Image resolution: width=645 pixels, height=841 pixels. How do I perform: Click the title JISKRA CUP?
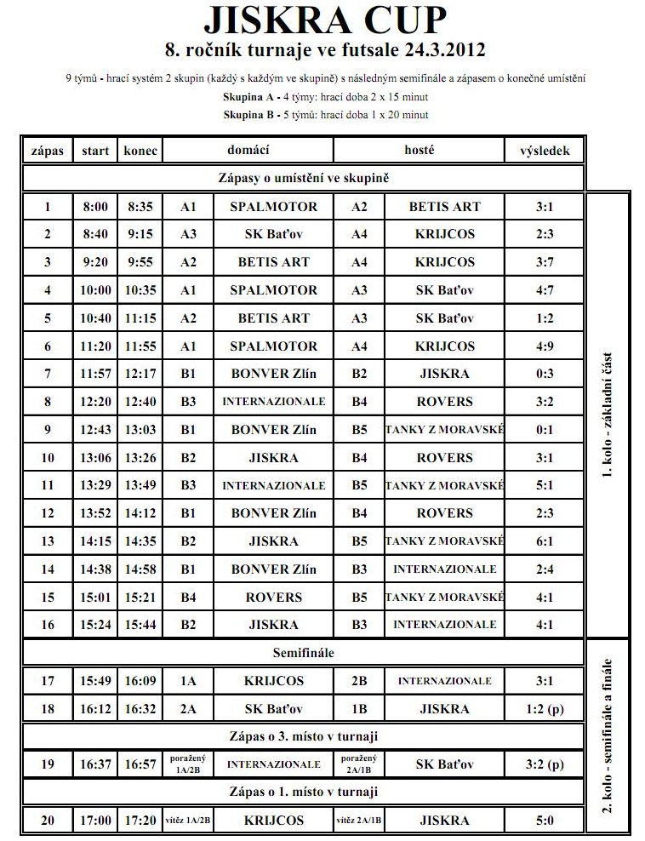click(326, 19)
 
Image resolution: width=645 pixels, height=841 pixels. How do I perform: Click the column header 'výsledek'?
click(545, 151)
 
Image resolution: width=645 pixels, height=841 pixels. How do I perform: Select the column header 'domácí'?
click(248, 151)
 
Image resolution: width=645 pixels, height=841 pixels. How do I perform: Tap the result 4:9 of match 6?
click(545, 346)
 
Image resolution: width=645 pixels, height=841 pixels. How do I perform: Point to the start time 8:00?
click(95, 207)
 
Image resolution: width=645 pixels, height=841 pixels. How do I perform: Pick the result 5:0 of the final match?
click(545, 821)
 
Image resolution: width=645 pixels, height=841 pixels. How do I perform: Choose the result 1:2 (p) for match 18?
click(545, 709)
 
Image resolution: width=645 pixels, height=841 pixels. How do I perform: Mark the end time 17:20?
click(140, 821)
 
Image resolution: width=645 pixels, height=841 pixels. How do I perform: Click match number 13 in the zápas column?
click(48, 541)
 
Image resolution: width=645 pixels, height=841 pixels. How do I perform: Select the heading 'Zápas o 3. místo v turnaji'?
click(304, 736)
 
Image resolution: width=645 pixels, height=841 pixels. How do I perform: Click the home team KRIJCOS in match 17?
click(273, 682)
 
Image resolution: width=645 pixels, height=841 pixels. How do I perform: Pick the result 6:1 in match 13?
click(545, 541)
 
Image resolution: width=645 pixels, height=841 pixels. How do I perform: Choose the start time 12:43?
click(95, 430)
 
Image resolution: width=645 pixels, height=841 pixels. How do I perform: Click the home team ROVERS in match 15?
click(273, 598)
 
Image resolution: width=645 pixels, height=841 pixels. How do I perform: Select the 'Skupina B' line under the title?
click(326, 114)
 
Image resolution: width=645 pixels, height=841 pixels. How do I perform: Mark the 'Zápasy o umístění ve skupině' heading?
click(304, 179)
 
